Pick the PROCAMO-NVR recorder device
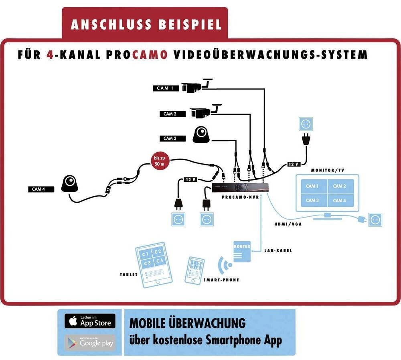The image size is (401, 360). coord(240,187)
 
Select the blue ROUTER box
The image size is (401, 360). coord(242,251)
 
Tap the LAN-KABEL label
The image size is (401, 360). coord(278,251)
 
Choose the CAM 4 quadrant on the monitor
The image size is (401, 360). coord(339,200)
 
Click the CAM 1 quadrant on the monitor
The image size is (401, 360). coord(312,186)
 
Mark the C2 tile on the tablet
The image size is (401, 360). coord(158,252)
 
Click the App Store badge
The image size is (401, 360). coord(90,321)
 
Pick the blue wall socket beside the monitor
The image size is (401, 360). coord(376,220)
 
